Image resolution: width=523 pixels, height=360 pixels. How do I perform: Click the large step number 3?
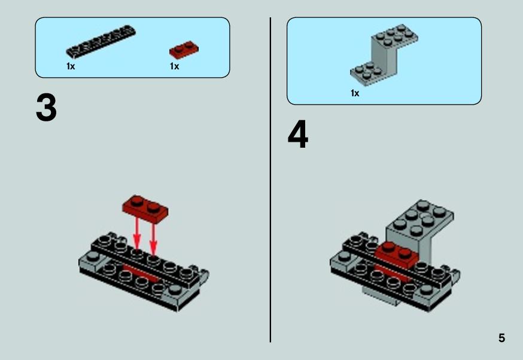click(46, 108)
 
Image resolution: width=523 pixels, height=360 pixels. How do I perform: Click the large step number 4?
click(298, 135)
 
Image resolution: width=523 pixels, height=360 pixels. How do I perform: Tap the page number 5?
click(501, 338)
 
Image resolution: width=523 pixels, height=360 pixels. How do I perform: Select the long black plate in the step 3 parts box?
click(101, 41)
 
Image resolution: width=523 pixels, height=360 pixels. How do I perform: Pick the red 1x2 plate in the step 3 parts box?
click(184, 50)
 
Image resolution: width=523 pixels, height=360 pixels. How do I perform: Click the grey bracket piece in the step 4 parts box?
click(384, 55)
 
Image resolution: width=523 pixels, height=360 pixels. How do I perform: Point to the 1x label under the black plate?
click(71, 66)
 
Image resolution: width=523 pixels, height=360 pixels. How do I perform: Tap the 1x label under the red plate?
click(175, 66)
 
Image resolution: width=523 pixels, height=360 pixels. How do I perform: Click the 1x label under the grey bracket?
click(355, 93)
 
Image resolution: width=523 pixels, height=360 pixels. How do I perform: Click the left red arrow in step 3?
click(137, 233)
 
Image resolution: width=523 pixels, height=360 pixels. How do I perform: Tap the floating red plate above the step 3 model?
click(145, 209)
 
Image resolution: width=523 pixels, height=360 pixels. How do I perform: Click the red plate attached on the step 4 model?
click(397, 255)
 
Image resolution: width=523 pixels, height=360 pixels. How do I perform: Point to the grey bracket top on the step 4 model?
click(420, 219)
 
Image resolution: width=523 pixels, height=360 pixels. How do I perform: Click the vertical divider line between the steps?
click(270, 180)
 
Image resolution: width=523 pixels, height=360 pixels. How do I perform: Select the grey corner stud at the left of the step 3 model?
click(92, 257)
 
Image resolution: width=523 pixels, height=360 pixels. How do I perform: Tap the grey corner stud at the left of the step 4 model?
click(344, 257)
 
